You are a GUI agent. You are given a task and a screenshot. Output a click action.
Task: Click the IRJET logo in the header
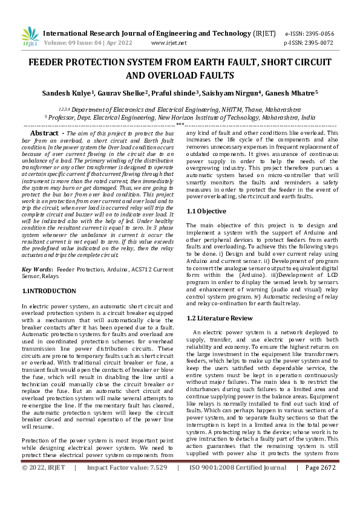(x=30, y=36)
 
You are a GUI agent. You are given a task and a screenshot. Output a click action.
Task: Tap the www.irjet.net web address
(x=169, y=43)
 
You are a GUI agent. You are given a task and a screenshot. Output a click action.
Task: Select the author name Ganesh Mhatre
(x=293, y=93)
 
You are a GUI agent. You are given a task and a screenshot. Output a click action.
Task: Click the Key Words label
(x=36, y=268)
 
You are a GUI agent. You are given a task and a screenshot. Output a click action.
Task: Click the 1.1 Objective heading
(x=206, y=211)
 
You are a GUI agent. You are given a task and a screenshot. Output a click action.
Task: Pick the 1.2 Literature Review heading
(x=220, y=317)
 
